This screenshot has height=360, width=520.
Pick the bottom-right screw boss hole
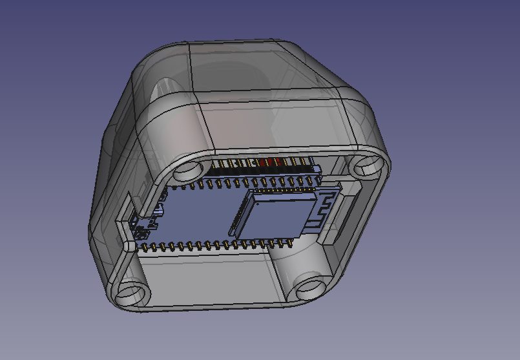tap(311, 285)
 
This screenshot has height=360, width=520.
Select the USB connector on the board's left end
tap(144, 222)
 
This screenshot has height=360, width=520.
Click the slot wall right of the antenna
tap(342, 217)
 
